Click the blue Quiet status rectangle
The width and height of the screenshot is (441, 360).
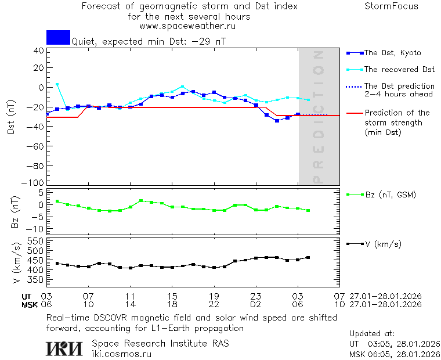(x=58, y=37)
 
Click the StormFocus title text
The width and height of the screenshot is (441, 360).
(x=391, y=6)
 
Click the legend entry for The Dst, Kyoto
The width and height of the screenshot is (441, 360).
(x=392, y=53)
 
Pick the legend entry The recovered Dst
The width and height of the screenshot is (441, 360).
(x=399, y=70)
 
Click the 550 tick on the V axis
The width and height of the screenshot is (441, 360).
(x=36, y=241)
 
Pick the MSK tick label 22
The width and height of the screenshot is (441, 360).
(x=214, y=304)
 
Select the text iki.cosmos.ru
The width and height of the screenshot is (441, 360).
(x=121, y=354)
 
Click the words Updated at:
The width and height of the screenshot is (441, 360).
(x=371, y=334)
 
